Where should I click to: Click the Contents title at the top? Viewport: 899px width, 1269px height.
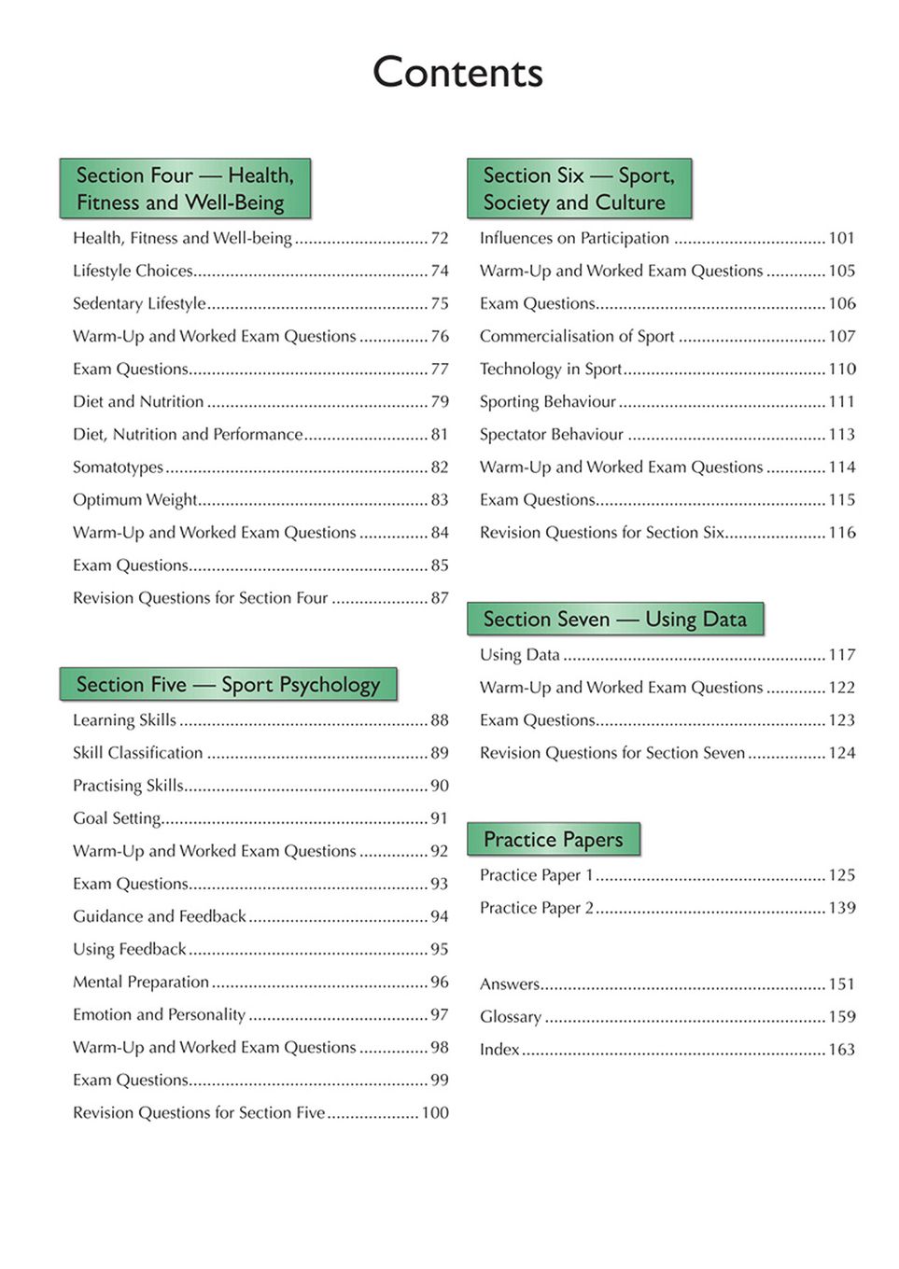pyautogui.click(x=457, y=73)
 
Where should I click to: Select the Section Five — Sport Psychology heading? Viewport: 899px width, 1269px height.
pyautogui.click(x=228, y=685)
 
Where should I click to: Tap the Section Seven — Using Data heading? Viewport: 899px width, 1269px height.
pyautogui.click(x=614, y=620)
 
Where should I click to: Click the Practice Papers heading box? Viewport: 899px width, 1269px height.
pyautogui.click(x=553, y=840)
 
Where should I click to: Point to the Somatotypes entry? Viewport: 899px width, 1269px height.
pyautogui.click(x=119, y=467)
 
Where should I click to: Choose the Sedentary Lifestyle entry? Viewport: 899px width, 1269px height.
pyautogui.click(x=140, y=304)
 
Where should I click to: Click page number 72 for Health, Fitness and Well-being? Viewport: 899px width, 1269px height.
pyautogui.click(x=440, y=239)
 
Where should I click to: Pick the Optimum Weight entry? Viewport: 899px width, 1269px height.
pyautogui.click(x=135, y=500)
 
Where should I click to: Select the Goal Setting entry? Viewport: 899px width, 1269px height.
pyautogui.click(x=118, y=818)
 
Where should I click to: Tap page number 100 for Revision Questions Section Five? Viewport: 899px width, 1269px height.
pyautogui.click(x=435, y=1113)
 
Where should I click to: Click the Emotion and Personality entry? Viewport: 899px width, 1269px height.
pyautogui.click(x=160, y=1015)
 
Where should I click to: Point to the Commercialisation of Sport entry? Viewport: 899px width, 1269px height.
pyautogui.click(x=577, y=337)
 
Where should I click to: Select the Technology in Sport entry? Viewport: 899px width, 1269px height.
pyautogui.click(x=551, y=370)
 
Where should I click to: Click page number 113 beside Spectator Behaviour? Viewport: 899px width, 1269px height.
pyautogui.click(x=841, y=435)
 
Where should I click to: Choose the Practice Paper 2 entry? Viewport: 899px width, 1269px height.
pyautogui.click(x=537, y=908)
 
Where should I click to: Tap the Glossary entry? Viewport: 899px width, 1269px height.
pyautogui.click(x=511, y=1017)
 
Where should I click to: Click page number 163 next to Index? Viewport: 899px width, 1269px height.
pyautogui.click(x=841, y=1050)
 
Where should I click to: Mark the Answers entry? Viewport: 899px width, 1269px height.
pyautogui.click(x=510, y=984)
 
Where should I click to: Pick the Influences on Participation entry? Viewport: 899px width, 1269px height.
pyautogui.click(x=574, y=239)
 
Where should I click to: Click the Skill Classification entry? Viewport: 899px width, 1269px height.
pyautogui.click(x=138, y=753)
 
